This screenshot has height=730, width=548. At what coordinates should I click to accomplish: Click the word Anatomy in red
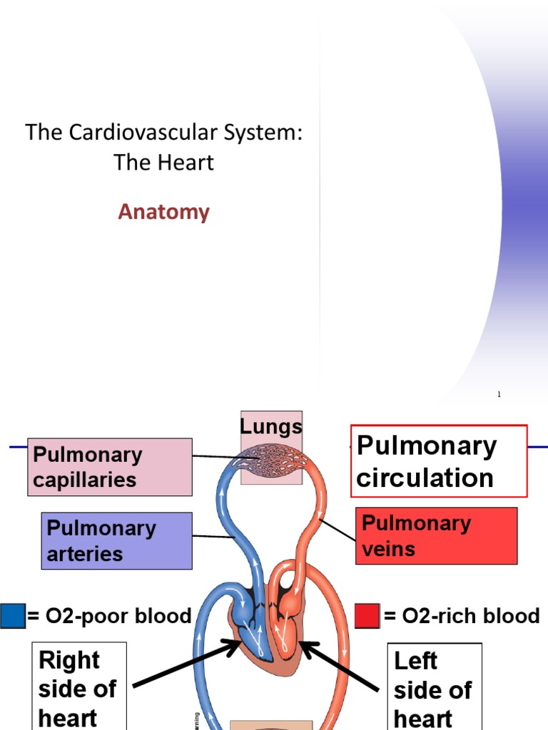click(163, 212)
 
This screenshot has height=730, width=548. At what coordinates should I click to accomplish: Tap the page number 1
click(499, 394)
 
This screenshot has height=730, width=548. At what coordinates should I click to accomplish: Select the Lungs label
click(271, 427)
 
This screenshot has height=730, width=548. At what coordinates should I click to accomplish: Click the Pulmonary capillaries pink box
click(110, 467)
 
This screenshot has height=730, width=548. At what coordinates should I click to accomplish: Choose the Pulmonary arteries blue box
click(117, 540)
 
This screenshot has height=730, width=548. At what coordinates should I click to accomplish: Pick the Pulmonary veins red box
click(436, 535)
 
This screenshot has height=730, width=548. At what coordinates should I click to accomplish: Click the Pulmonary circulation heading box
click(438, 461)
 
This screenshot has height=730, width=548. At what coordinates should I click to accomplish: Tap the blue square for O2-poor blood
click(12, 616)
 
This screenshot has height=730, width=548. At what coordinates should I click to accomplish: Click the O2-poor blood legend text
click(109, 616)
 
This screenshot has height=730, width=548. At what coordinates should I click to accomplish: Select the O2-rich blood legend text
click(462, 616)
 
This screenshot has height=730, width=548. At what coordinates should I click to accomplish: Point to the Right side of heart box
click(78, 687)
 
